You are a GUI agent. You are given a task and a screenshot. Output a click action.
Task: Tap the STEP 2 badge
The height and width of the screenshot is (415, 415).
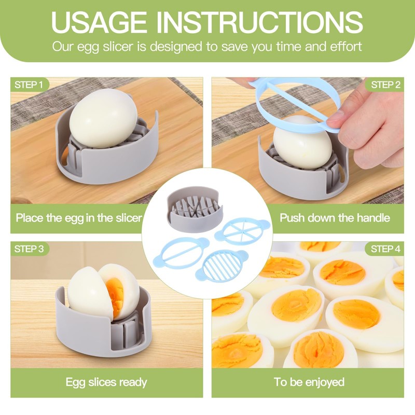tap(385, 85)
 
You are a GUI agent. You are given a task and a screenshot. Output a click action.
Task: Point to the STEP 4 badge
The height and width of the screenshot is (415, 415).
tap(385, 248)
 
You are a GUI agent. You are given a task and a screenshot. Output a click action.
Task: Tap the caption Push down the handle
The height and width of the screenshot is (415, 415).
tap(335, 217)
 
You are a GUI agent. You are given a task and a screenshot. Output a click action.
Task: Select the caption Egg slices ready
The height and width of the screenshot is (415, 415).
tap(106, 383)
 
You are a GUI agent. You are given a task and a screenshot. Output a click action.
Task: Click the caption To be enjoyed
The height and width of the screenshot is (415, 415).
tap(309, 383)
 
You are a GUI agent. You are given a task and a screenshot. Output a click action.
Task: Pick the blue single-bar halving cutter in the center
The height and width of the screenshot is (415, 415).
tap(182, 253)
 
